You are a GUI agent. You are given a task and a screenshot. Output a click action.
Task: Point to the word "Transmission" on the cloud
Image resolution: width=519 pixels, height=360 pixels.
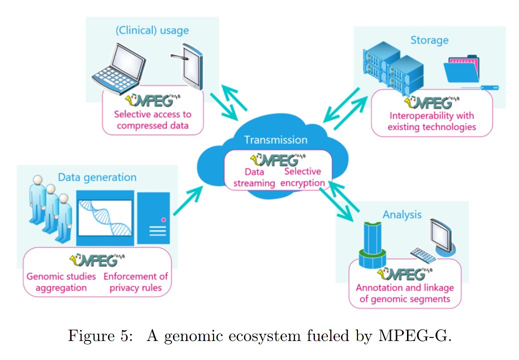[x=275, y=140]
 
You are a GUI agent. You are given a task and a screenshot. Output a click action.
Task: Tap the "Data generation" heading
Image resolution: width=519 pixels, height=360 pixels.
[x=97, y=177]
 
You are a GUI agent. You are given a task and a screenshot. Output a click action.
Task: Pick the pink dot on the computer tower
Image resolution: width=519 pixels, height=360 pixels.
[x=163, y=219]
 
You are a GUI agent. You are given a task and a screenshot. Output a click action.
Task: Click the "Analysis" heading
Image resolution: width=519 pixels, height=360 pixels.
[x=402, y=215]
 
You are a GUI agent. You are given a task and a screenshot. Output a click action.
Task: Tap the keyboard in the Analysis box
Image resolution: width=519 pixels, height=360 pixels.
[x=422, y=254]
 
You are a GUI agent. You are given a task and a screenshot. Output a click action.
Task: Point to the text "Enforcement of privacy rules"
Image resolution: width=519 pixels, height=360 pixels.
[x=135, y=282]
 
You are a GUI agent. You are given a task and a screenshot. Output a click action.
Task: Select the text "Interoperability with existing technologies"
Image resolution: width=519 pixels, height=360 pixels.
[x=432, y=121]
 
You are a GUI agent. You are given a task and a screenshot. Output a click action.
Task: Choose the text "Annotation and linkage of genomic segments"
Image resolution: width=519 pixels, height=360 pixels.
[x=404, y=294]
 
